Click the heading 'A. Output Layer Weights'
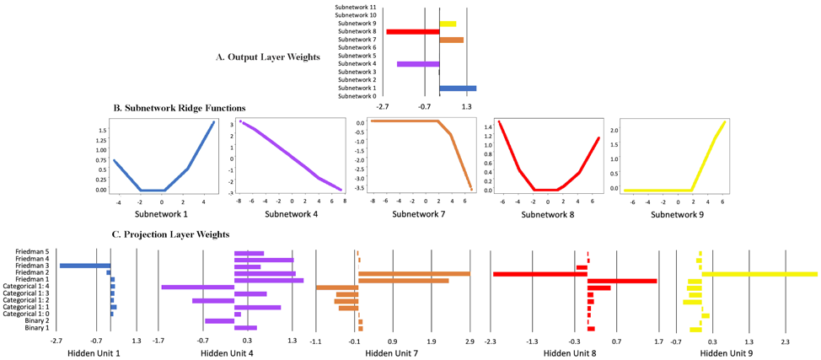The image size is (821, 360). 268,57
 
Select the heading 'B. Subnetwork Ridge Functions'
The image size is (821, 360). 180,108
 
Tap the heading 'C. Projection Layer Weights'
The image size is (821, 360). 171,234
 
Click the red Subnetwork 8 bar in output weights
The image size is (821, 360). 412,31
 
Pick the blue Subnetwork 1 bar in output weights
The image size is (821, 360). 457,88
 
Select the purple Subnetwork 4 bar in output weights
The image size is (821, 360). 418,64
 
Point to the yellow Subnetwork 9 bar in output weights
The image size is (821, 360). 448,24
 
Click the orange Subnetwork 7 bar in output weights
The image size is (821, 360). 451,40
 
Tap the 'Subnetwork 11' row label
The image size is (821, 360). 355,7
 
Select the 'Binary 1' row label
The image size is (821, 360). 36,328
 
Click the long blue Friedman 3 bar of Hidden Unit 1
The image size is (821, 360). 84,266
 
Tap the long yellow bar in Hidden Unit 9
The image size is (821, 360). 759,273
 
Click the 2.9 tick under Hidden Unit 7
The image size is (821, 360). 470,341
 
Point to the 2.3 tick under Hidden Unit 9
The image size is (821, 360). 785,341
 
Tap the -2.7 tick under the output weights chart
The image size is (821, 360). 382,107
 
